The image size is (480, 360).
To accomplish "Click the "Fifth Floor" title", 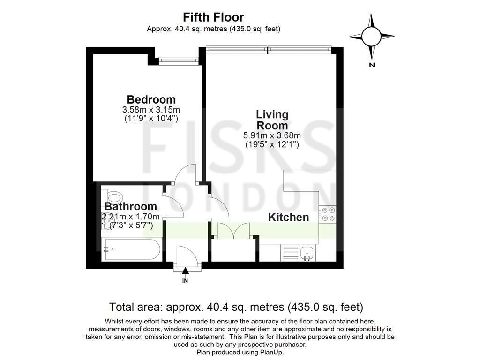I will click(x=213, y=17).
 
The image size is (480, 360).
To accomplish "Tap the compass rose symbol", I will click(x=371, y=36).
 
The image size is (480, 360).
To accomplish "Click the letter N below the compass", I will click(x=372, y=65).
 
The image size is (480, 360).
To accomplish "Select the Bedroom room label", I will click(x=151, y=99).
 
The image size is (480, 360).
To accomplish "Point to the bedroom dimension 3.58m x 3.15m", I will click(x=151, y=110).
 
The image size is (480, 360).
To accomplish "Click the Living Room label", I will click(x=272, y=120).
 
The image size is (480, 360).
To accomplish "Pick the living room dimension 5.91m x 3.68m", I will click(x=272, y=136).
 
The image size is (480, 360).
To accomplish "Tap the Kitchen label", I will click(x=288, y=217).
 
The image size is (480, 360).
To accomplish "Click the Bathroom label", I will click(x=130, y=206).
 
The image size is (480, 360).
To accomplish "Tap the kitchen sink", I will click(x=307, y=253).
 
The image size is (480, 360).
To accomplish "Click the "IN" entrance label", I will click(x=185, y=281).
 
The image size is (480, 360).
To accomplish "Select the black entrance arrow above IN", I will click(x=185, y=270).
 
